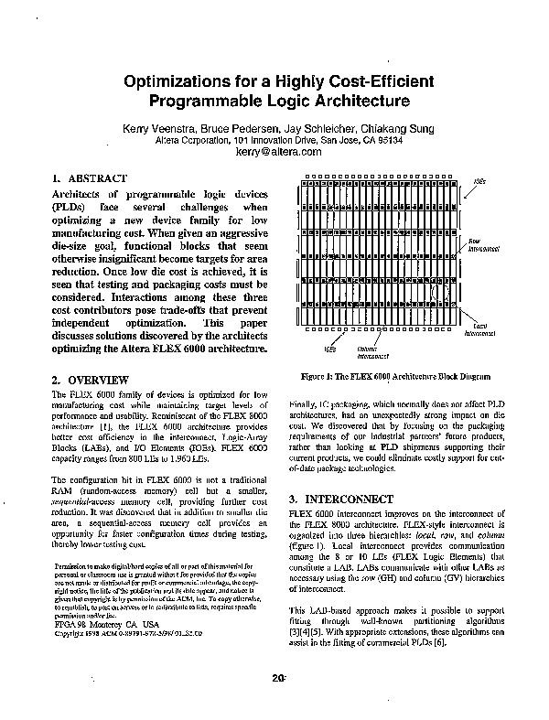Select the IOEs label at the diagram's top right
(x=479, y=181)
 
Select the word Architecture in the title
(x=351, y=101)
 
